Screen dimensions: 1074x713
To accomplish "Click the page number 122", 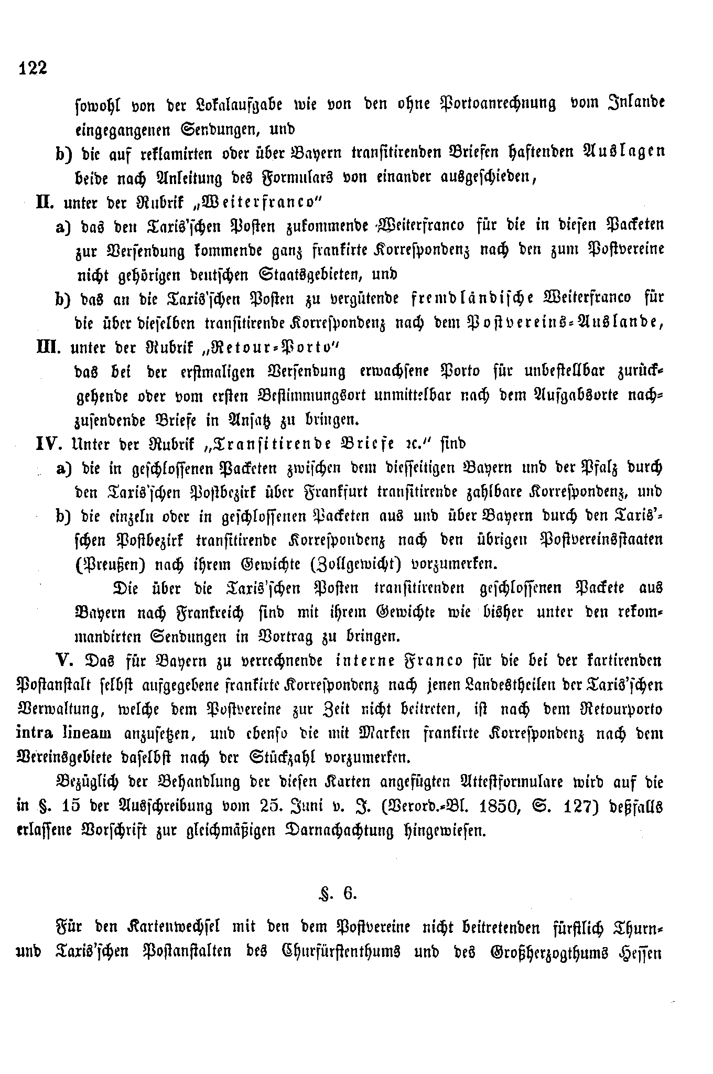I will (33, 68).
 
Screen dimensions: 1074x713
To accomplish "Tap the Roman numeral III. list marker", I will (46, 347).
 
